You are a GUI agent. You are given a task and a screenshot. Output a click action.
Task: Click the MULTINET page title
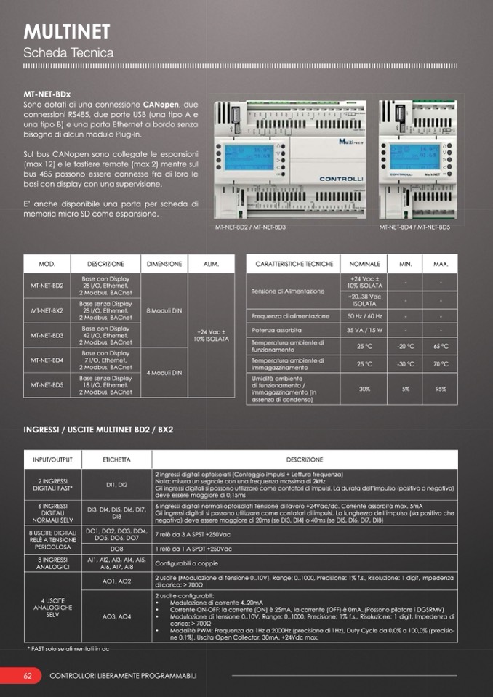pyautogui.click(x=67, y=31)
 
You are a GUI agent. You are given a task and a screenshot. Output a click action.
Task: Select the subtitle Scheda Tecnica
pyautogui.click(x=68, y=53)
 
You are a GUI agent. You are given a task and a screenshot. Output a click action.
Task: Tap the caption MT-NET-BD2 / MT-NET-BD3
pyautogui.click(x=250, y=227)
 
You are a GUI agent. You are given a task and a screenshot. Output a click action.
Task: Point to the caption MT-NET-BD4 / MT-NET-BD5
pyautogui.click(x=414, y=227)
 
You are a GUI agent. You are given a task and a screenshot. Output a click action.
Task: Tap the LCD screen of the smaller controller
pyautogui.click(x=405, y=156)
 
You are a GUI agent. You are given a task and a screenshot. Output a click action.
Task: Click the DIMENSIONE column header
pyautogui.click(x=164, y=264)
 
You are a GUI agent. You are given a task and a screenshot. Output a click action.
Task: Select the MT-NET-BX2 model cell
pyautogui.click(x=47, y=310)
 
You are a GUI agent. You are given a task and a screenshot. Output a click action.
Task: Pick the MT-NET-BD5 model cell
pyautogui.click(x=47, y=384)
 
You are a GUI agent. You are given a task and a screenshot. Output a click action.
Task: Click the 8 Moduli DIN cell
pyautogui.click(x=164, y=310)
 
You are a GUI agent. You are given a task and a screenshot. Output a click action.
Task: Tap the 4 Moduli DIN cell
pyautogui.click(x=164, y=372)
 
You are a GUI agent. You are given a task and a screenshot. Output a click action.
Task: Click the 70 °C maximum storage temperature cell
pyautogui.click(x=441, y=364)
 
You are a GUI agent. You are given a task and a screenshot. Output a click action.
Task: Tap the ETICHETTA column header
pyautogui.click(x=116, y=460)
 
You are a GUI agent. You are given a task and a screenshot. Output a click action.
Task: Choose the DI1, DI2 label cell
pyautogui.click(x=116, y=484)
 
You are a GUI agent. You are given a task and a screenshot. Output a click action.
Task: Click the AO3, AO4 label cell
pyautogui.click(x=116, y=616)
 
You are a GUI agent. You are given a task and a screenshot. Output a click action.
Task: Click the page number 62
pyautogui.click(x=28, y=676)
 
